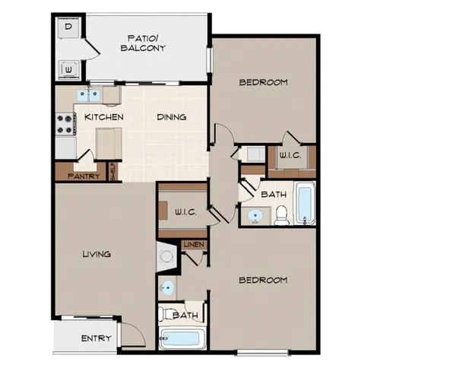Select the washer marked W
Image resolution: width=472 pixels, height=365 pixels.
point(68,69)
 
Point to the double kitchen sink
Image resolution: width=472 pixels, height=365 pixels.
point(92,95)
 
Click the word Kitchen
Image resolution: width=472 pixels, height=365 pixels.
point(103,117)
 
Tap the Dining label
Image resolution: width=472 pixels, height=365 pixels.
point(172,117)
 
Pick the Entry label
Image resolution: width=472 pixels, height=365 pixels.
point(97,338)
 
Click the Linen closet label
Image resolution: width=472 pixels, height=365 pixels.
point(193,244)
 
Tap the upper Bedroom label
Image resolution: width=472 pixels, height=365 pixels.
point(263,83)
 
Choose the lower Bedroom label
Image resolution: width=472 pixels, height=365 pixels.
point(263,280)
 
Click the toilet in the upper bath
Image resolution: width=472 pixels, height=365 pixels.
point(282,215)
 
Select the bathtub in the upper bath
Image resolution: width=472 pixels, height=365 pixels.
point(305,204)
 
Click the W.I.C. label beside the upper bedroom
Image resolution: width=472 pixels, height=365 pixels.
point(290,155)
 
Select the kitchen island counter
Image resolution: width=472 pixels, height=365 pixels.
point(109,142)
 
